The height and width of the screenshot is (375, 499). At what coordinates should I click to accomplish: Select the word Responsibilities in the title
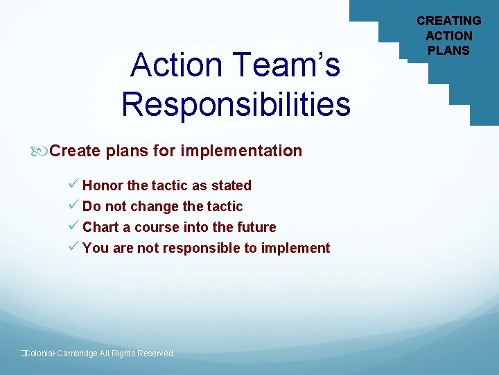pyautogui.click(x=236, y=105)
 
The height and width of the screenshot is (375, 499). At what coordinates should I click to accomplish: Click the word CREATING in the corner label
pyautogui.click(x=448, y=21)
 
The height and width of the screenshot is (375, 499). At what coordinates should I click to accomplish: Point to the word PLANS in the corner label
pyautogui.click(x=448, y=50)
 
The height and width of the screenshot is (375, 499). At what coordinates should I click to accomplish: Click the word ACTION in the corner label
pyautogui.click(x=448, y=35)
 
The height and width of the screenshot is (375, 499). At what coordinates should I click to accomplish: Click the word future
pyautogui.click(x=255, y=227)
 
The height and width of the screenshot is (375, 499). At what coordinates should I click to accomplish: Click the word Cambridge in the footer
pyautogui.click(x=77, y=353)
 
